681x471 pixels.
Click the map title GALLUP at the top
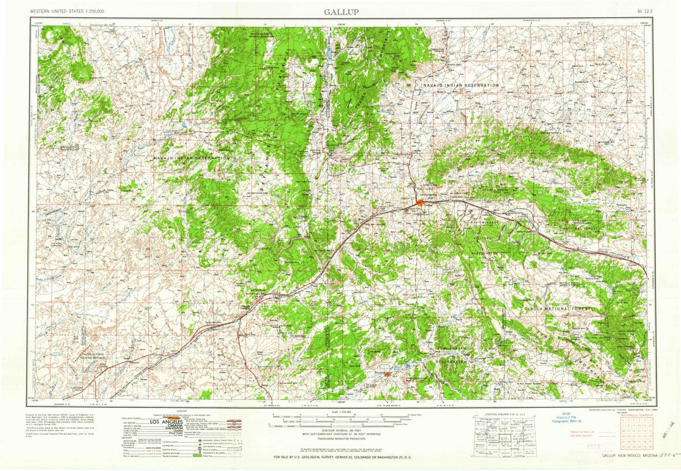(x=341, y=12)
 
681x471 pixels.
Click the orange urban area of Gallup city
(x=420, y=203)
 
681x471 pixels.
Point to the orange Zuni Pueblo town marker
(x=387, y=374)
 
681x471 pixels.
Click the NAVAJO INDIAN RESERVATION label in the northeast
(x=460, y=85)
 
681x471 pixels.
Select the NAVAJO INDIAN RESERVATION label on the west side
(x=192, y=158)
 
